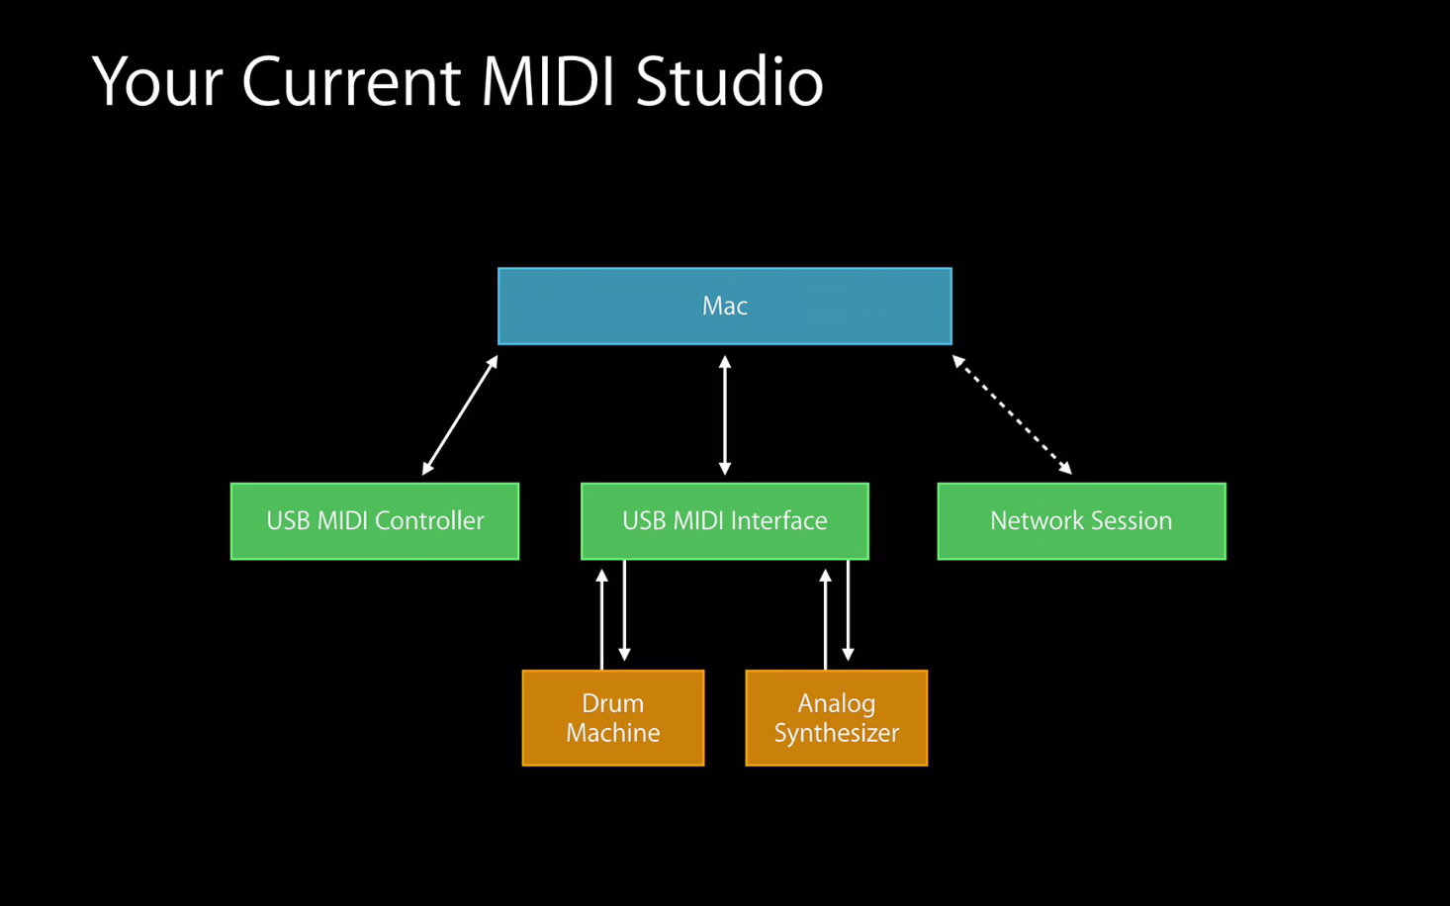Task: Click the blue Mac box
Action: pyautogui.click(x=725, y=306)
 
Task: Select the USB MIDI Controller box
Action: pyautogui.click(x=375, y=521)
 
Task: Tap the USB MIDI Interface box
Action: pyautogui.click(x=725, y=521)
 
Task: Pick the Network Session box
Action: pyautogui.click(x=1082, y=521)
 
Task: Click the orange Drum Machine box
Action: pyautogui.click(x=613, y=718)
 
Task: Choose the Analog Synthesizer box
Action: pyautogui.click(x=837, y=718)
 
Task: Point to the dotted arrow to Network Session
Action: pyautogui.click(x=1012, y=414)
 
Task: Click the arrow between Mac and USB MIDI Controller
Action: pyautogui.click(x=460, y=414)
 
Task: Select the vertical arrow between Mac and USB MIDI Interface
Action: pyautogui.click(x=725, y=414)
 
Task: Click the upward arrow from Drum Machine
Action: pyautogui.click(x=602, y=619)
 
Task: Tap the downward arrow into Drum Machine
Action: pyautogui.click(x=625, y=610)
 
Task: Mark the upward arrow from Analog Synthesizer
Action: pyautogui.click(x=825, y=619)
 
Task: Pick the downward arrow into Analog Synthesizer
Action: pyautogui.click(x=848, y=610)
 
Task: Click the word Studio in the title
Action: pyautogui.click(x=730, y=81)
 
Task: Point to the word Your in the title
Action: pyautogui.click(x=158, y=81)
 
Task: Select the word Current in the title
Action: pyautogui.click(x=351, y=81)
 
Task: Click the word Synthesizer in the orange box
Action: pyautogui.click(x=837, y=733)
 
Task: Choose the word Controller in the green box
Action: pyautogui.click(x=429, y=521)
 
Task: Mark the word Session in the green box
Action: pyautogui.click(x=1132, y=521)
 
